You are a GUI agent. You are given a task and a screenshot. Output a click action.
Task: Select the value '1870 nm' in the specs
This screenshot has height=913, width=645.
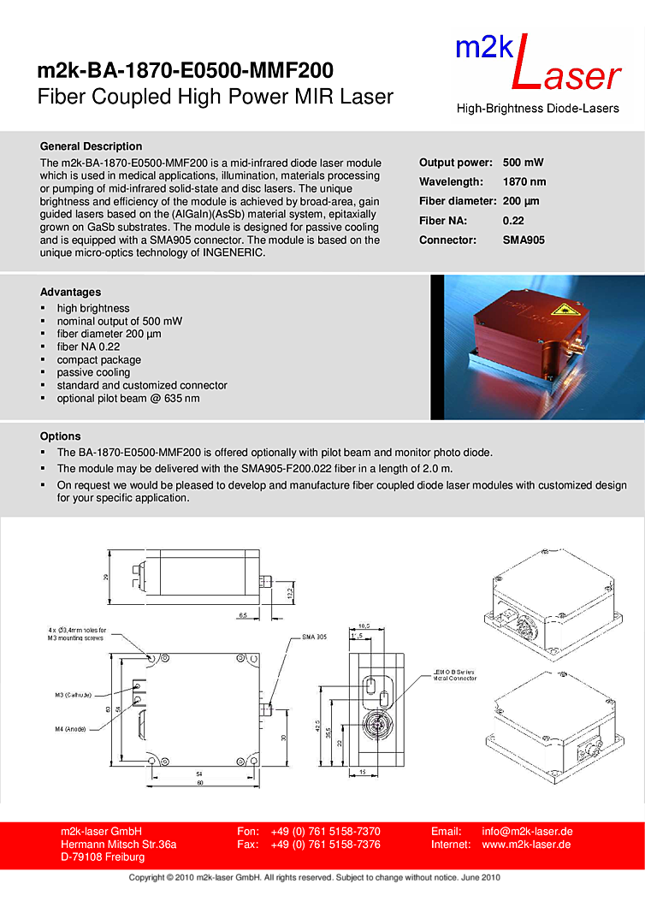click(x=524, y=181)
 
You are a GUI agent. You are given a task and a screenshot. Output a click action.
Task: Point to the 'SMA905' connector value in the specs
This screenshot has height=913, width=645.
click(x=524, y=240)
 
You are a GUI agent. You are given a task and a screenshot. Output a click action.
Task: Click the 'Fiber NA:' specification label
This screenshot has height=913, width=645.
click(x=443, y=220)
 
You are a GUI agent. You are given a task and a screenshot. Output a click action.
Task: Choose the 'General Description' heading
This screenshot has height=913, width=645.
click(x=92, y=146)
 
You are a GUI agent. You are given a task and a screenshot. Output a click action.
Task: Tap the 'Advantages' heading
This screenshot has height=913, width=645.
click(x=70, y=292)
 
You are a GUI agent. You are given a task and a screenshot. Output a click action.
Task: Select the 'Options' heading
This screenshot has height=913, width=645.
click(x=61, y=436)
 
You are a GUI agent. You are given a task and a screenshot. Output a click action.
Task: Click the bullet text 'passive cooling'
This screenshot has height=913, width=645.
click(x=93, y=372)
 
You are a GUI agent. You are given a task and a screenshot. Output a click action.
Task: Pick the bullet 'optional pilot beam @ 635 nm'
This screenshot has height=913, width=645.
click(x=128, y=398)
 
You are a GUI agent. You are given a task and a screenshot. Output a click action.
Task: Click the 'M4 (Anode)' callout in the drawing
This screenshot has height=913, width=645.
click(x=72, y=729)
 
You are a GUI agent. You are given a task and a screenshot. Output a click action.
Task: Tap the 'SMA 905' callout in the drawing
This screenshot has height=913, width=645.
click(x=314, y=637)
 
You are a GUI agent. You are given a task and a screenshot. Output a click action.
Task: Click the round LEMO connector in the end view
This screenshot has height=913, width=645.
click(x=376, y=726)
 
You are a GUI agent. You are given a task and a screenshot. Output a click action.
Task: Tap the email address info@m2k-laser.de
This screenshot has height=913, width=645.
click(x=527, y=831)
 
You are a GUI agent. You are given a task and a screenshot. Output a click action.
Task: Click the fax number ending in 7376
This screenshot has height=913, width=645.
click(x=325, y=845)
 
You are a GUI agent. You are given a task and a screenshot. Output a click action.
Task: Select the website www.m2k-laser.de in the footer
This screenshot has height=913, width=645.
click(x=526, y=845)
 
